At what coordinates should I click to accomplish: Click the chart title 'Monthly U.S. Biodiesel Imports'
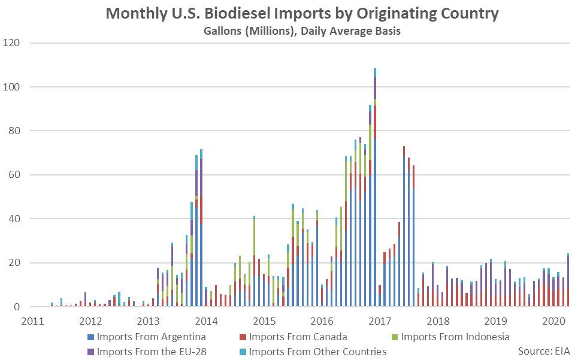point(302,14)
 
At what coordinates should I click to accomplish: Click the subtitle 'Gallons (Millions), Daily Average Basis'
point(302,31)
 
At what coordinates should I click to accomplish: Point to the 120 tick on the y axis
point(12,43)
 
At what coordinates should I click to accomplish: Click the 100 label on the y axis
point(12,87)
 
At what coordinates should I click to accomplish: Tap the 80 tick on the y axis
point(14,131)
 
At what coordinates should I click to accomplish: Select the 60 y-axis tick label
point(14,175)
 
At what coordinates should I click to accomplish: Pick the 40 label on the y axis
point(14,219)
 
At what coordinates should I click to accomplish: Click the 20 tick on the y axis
point(14,263)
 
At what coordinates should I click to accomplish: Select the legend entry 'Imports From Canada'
point(298,337)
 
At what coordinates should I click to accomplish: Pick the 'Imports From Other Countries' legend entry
point(318,351)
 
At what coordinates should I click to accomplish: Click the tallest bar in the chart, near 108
point(375,180)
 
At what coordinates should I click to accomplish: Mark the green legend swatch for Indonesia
point(394,337)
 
